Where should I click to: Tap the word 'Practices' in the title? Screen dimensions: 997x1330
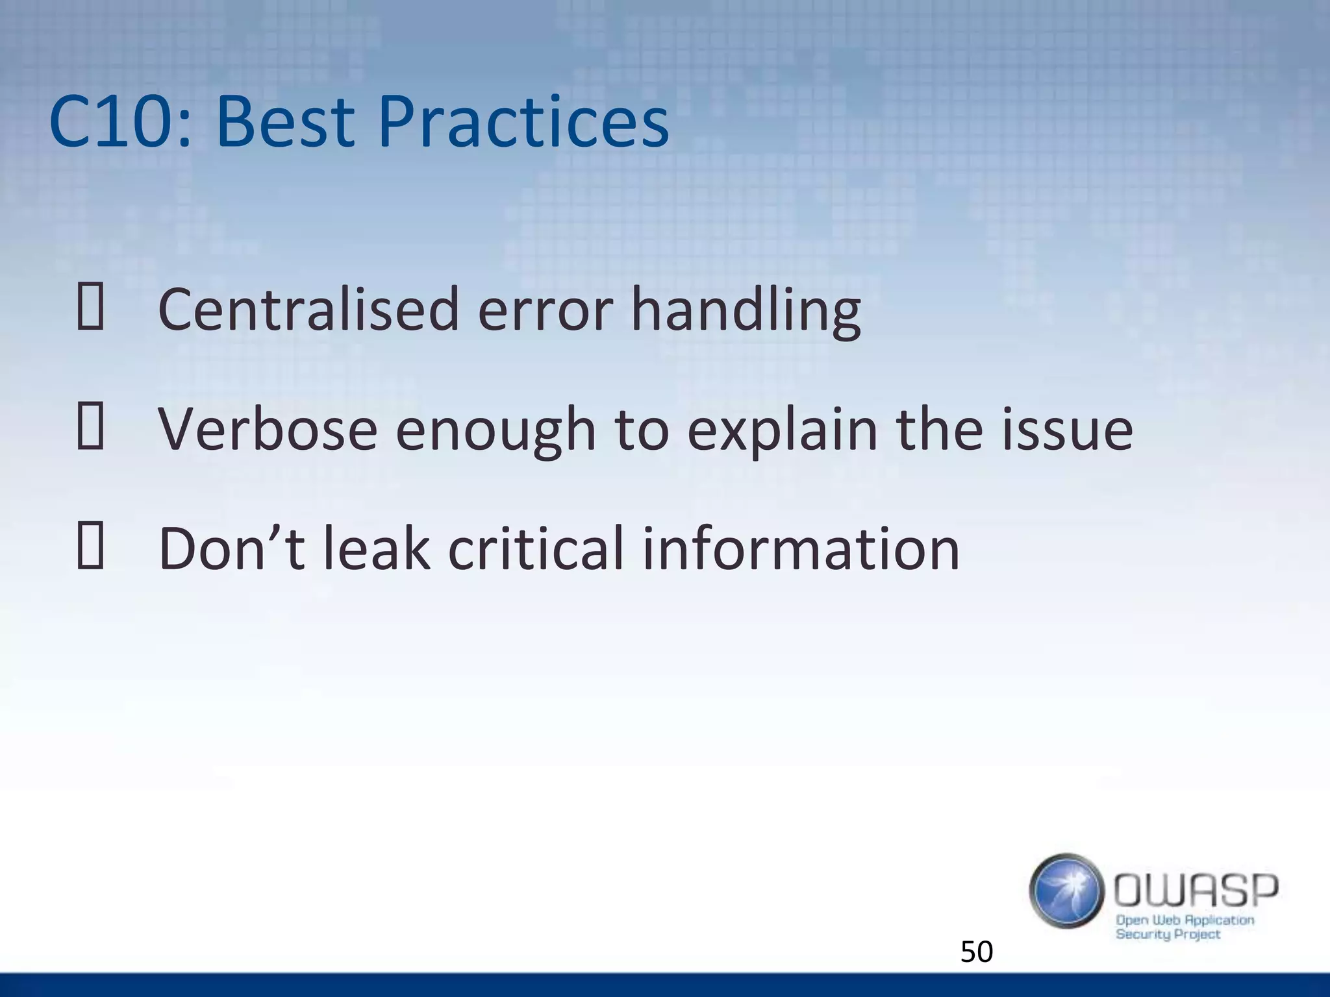coord(523,122)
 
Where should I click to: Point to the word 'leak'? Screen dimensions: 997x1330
coord(377,548)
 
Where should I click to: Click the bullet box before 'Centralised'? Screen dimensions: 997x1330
coord(90,309)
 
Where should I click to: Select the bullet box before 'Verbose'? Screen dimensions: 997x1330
coord(90,429)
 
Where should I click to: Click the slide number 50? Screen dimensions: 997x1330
coord(976,952)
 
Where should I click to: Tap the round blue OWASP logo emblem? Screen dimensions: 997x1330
coord(1066,891)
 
